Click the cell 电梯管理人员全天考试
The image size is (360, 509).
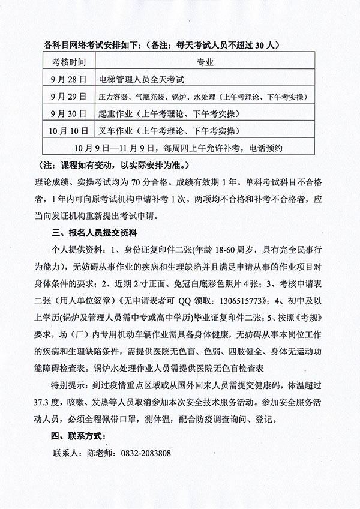143,79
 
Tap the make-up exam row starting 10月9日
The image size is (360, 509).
179,147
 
